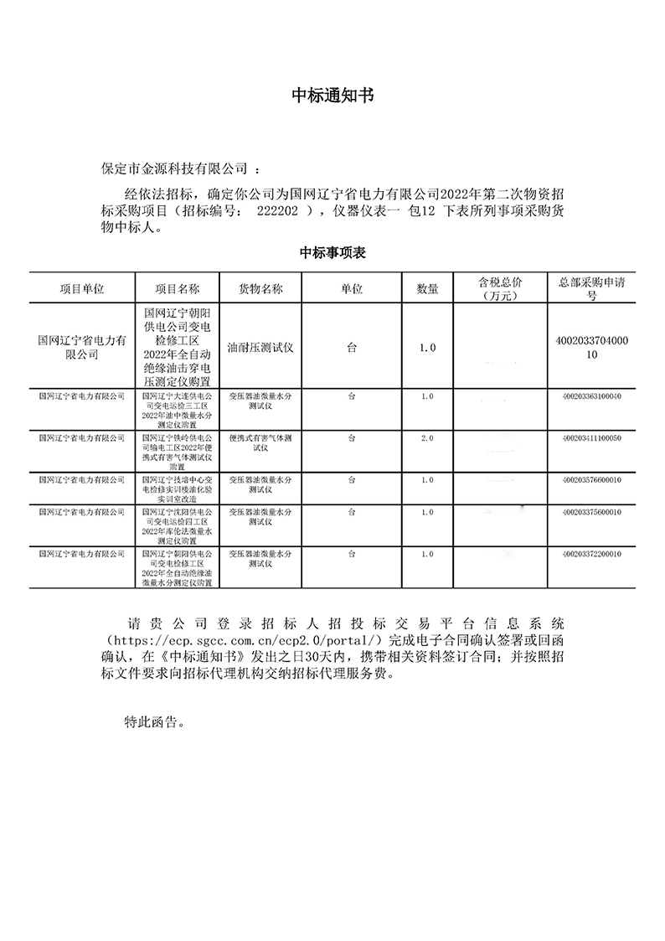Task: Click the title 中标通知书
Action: (332, 96)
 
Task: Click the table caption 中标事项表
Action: (332, 253)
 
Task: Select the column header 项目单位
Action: (81, 288)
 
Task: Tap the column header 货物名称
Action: (260, 288)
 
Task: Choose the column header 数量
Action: (427, 288)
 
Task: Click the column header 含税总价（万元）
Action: (499, 288)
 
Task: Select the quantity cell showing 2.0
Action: (427, 438)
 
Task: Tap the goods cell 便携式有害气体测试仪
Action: (260, 442)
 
